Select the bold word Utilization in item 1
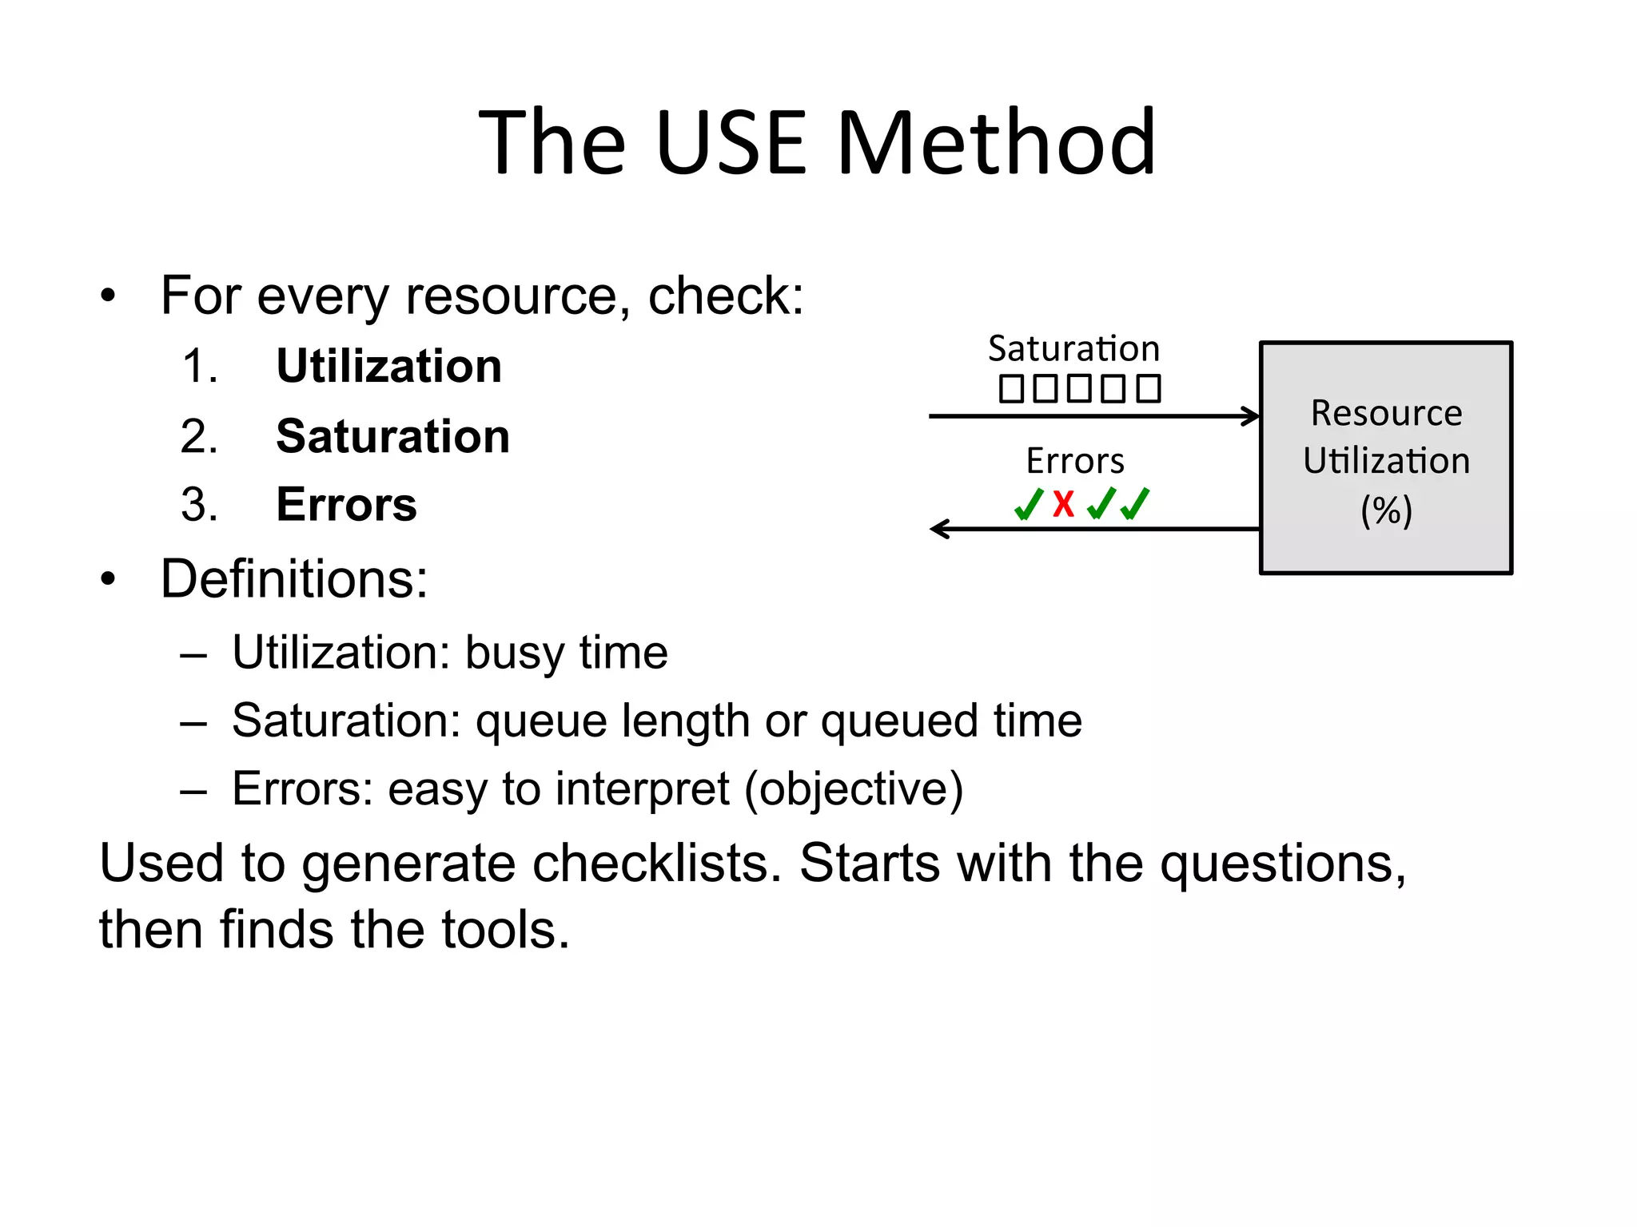pos(389,367)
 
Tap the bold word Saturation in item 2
pos(392,437)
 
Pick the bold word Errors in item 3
pos(346,505)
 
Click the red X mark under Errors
pos(1064,504)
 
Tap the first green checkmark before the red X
pos(1029,504)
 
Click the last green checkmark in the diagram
pos(1136,504)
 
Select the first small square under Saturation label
pos(1011,389)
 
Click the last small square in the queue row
pos(1149,389)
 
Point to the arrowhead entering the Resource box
pos(1252,416)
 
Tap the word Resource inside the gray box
pos(1386,414)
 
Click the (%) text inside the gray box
pos(1386,510)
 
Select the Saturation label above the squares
pos(1073,349)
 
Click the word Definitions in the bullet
pos(294,578)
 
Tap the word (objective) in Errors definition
pos(854,790)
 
